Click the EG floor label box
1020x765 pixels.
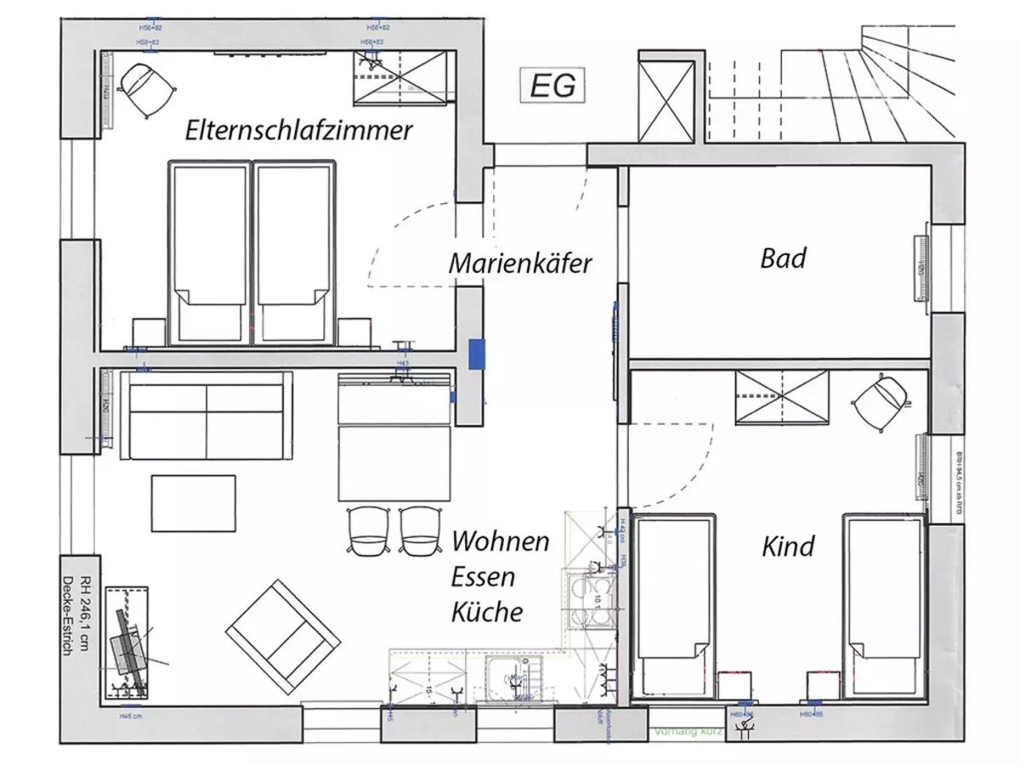coord(553,86)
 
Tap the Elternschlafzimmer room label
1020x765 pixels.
coord(299,130)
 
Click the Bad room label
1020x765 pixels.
coord(783,258)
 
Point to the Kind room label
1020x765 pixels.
coord(788,545)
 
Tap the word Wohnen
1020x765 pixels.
coord(500,541)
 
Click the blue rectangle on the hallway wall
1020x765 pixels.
coord(478,354)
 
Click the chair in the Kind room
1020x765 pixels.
coord(879,405)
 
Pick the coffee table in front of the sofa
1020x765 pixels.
coord(194,503)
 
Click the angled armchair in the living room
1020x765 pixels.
coord(283,635)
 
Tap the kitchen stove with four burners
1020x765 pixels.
coord(592,598)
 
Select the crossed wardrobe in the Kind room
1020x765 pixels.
coord(782,398)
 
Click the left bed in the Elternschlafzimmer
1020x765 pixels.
coord(209,252)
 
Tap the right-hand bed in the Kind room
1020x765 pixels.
coord(882,603)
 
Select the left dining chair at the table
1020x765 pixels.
coord(368,530)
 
